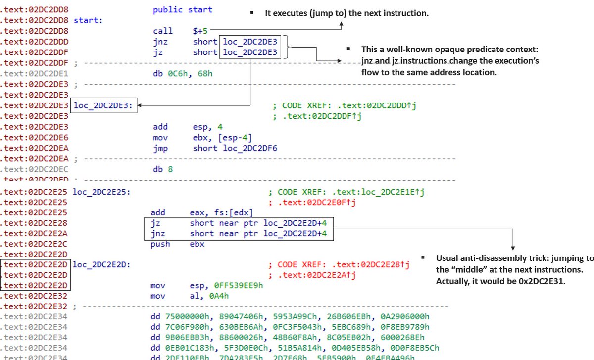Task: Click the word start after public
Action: pos(200,10)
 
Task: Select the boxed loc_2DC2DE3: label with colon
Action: pos(103,105)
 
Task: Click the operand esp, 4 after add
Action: pos(208,127)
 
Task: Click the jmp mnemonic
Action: pos(160,148)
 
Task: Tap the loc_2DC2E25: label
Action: pos(101,191)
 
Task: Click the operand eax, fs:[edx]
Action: pos(221,212)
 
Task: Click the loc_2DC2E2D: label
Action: pos(101,264)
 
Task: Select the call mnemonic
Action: pos(163,31)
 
